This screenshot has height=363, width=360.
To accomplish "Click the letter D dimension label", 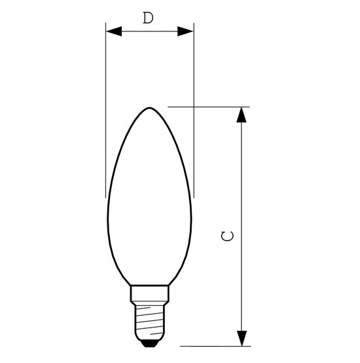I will click(x=149, y=18).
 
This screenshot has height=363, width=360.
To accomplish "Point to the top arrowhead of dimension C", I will click(x=243, y=115).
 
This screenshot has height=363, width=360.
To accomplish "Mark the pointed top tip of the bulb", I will click(x=150, y=106).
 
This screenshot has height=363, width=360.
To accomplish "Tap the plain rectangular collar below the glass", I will click(x=149, y=292).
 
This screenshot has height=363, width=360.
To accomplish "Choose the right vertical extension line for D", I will click(x=194, y=79).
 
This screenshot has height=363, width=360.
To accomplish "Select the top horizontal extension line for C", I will click(x=216, y=106).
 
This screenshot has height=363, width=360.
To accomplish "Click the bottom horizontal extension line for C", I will click(x=216, y=345).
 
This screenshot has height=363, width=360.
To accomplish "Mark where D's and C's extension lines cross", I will click(x=194, y=106).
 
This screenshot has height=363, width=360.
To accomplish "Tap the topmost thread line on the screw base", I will click(x=149, y=305).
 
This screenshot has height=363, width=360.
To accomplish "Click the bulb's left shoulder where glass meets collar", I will click(x=132, y=285).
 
